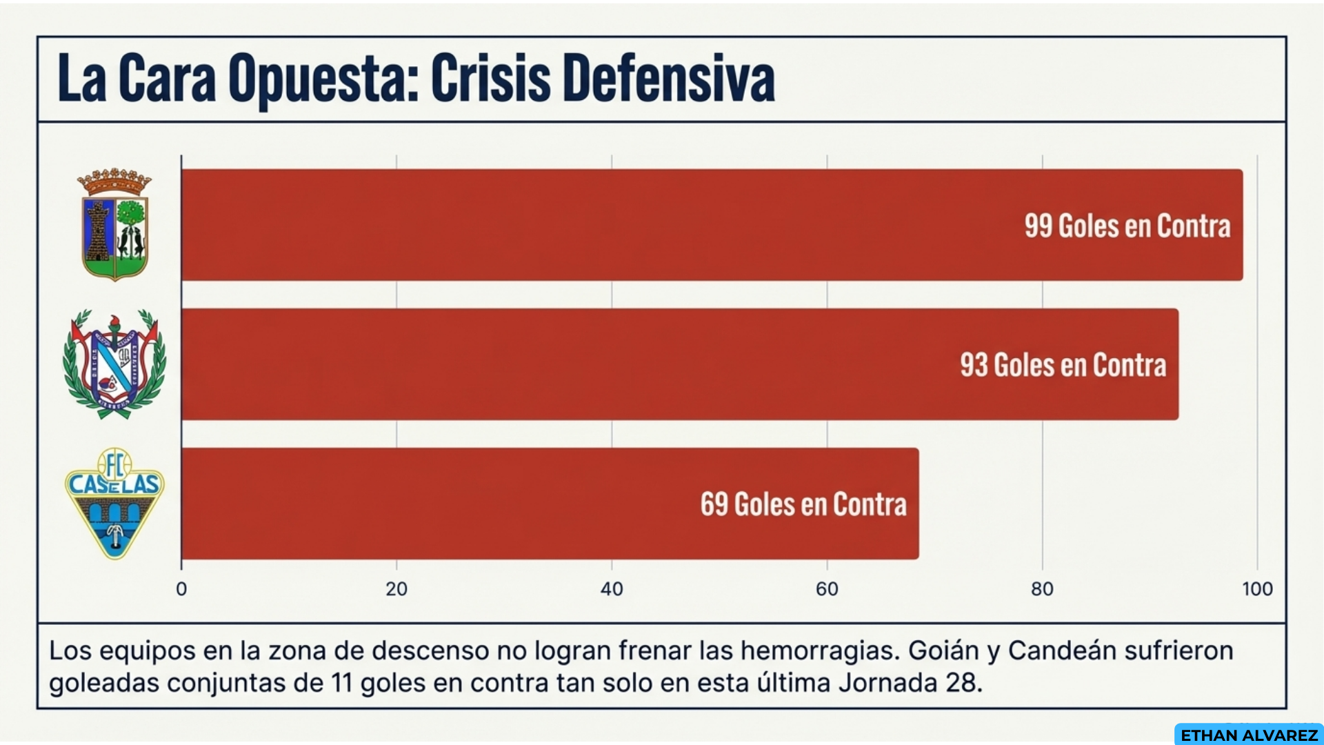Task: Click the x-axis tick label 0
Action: point(181,589)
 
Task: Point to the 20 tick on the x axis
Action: point(397,589)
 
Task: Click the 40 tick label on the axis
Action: point(612,589)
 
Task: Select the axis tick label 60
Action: point(827,589)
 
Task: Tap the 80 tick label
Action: point(1042,589)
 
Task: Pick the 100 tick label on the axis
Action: point(1257,589)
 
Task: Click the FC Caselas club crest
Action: point(115,503)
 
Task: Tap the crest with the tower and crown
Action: point(114,225)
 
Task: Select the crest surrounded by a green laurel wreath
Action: point(114,364)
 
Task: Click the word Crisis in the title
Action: point(490,79)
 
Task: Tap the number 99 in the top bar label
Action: point(1038,226)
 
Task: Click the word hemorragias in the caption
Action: point(820,650)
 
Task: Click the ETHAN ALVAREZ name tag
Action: point(1249,735)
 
